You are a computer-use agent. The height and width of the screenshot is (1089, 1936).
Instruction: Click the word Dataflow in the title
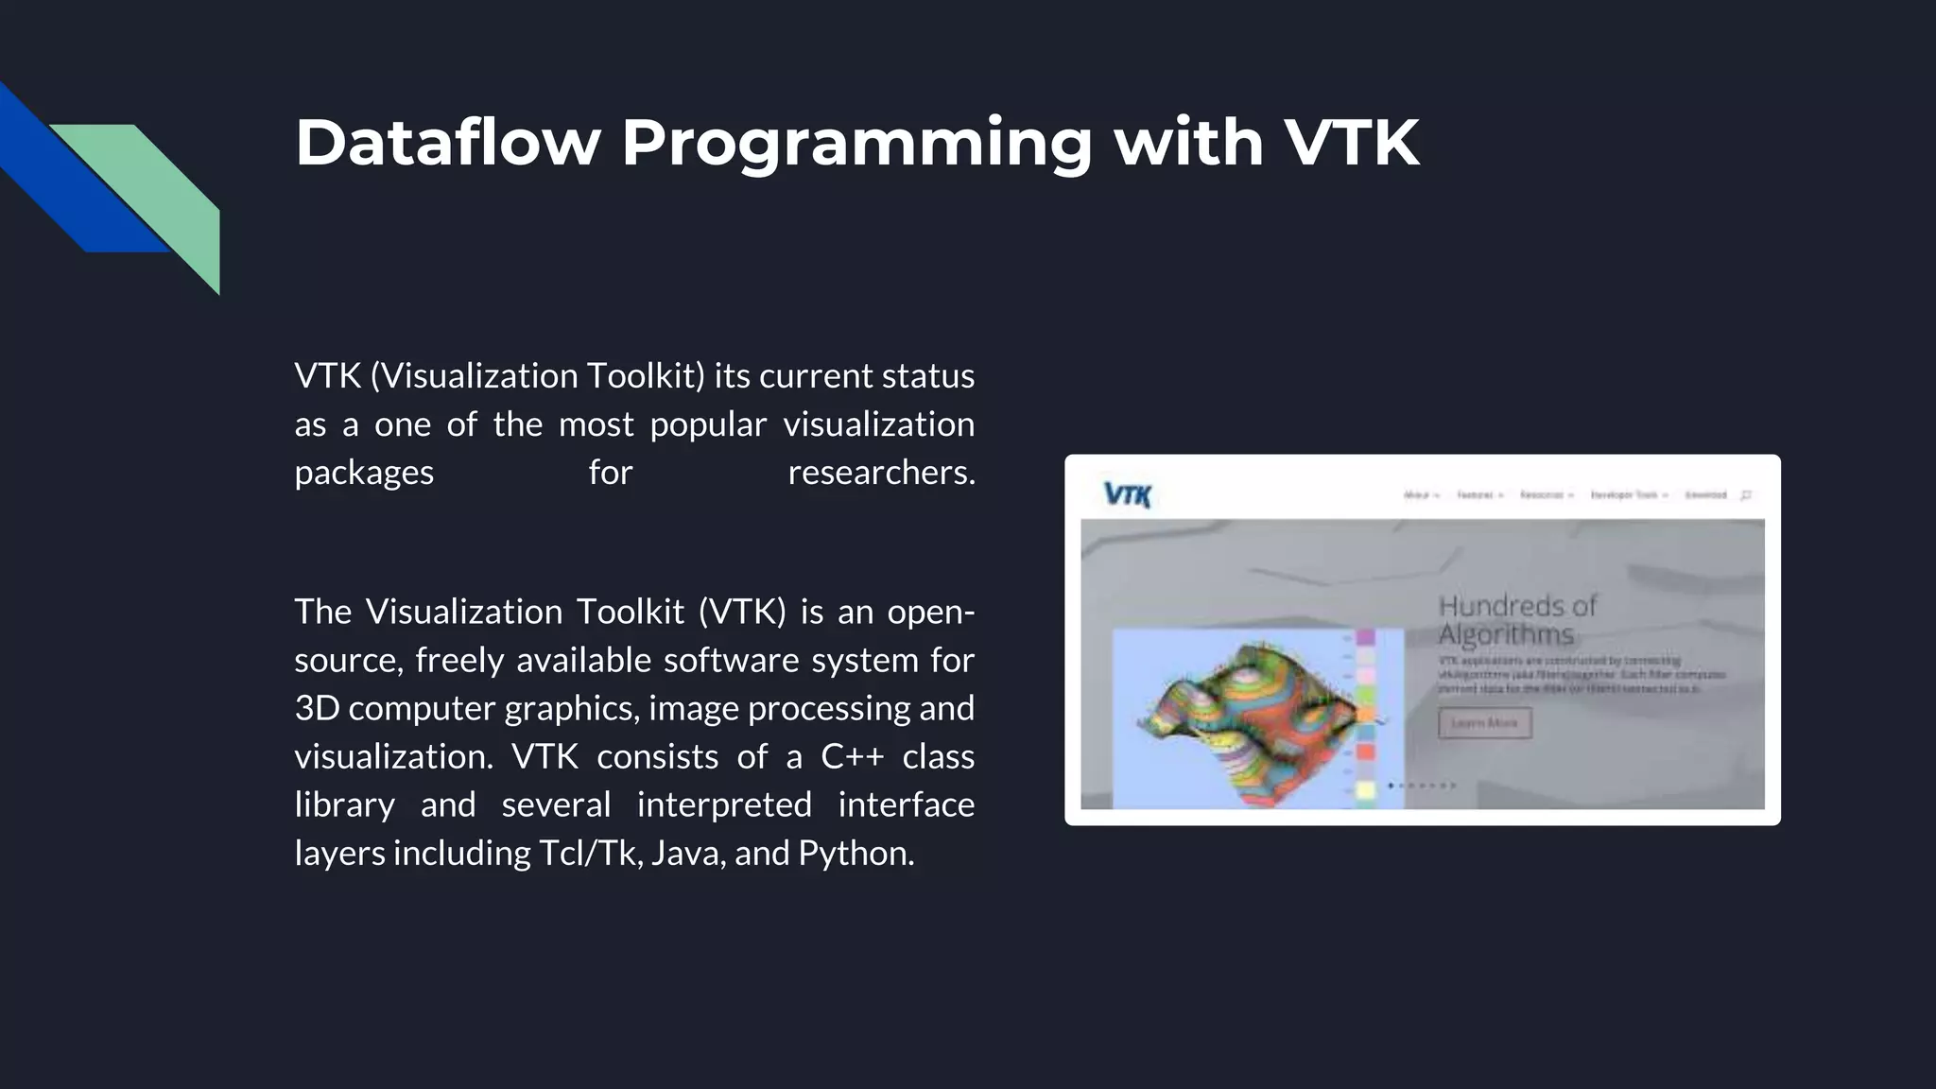[447, 143]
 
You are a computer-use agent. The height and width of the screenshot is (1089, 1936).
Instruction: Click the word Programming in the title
[856, 145]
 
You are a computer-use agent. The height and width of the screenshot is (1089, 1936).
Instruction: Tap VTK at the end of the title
[1351, 143]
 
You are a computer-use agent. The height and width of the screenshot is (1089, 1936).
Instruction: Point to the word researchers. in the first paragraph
[880, 472]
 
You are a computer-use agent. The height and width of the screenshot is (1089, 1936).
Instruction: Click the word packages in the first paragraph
[364, 473]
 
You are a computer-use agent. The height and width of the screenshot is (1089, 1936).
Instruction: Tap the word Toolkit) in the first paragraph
[645, 375]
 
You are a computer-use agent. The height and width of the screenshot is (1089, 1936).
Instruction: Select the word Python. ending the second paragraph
[856, 854]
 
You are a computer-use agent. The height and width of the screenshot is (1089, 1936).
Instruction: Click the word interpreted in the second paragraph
[723, 804]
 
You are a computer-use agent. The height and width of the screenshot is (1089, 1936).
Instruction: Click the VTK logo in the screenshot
[1127, 494]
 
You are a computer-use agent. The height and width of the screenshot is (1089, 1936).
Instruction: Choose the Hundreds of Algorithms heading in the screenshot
[1516, 619]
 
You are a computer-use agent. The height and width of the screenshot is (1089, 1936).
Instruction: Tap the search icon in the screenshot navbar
[1746, 494]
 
